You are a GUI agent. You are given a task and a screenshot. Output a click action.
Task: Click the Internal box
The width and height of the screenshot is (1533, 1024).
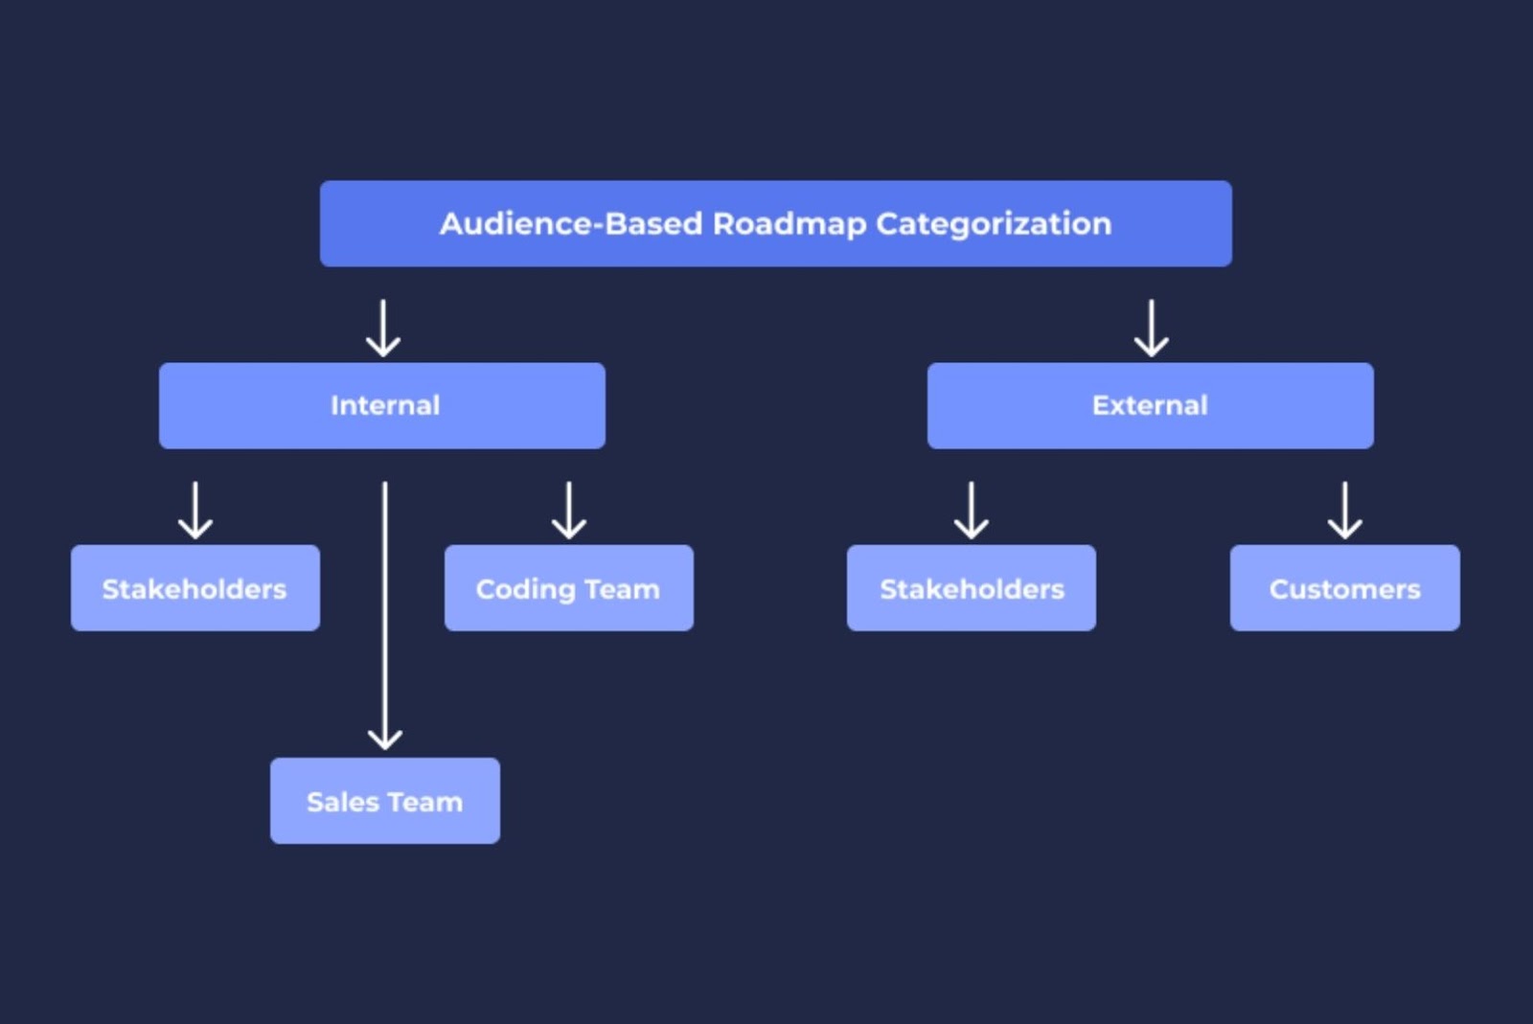tap(382, 405)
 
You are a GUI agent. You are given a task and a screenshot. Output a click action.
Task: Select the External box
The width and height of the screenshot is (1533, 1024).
tap(1150, 405)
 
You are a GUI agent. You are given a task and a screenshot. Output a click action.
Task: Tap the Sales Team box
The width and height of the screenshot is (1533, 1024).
tap(384, 801)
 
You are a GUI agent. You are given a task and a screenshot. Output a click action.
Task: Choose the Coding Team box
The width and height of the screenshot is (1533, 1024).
tap(568, 588)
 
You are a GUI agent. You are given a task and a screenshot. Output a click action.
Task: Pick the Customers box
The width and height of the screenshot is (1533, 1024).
tap(1344, 588)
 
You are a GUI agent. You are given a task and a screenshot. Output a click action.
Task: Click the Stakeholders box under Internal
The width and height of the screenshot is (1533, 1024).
tap(194, 588)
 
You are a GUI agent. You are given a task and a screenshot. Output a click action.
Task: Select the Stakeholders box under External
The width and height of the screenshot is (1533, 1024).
tap(971, 588)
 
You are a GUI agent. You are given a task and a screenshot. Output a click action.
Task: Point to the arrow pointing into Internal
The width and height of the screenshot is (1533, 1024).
tap(383, 328)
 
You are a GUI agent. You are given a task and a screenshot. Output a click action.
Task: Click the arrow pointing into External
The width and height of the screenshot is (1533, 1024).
tap(1151, 328)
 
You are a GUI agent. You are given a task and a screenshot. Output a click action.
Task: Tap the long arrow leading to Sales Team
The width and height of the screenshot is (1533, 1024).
tap(385, 613)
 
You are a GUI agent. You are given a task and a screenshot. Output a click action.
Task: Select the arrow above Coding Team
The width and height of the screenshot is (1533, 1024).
tap(569, 510)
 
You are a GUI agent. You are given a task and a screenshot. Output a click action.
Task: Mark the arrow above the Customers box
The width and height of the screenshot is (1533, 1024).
tap(1345, 510)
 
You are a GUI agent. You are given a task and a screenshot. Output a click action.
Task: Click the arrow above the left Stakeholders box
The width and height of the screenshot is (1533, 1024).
tap(195, 510)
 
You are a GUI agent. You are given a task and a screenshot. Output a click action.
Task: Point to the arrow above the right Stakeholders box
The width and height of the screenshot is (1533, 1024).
tap(972, 510)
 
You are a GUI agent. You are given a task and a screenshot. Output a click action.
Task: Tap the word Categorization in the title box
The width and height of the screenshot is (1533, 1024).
tap(993, 224)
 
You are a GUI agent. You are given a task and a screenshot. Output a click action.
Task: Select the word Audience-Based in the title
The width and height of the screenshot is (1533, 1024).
tap(571, 224)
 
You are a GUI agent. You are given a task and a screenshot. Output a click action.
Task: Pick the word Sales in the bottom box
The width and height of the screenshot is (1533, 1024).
tap(343, 802)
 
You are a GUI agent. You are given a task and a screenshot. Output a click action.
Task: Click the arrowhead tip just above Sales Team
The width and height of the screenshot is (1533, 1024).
tap(385, 746)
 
